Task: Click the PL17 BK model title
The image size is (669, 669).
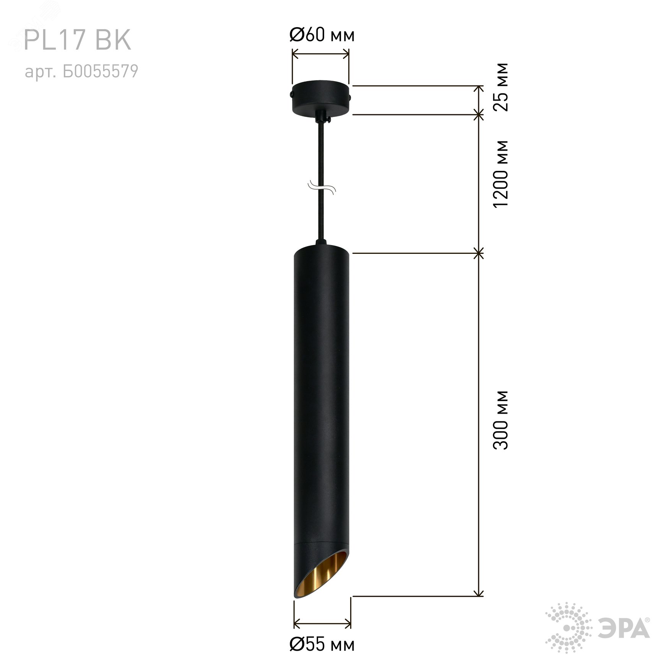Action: click(x=78, y=41)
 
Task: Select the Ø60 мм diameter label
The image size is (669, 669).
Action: click(x=322, y=35)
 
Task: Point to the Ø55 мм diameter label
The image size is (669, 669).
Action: click(x=322, y=645)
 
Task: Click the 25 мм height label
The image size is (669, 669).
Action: click(x=501, y=87)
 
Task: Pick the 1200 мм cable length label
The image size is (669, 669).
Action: click(x=501, y=174)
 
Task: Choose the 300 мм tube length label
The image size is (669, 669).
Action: click(x=501, y=420)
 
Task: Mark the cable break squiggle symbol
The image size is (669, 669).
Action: click(x=322, y=187)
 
